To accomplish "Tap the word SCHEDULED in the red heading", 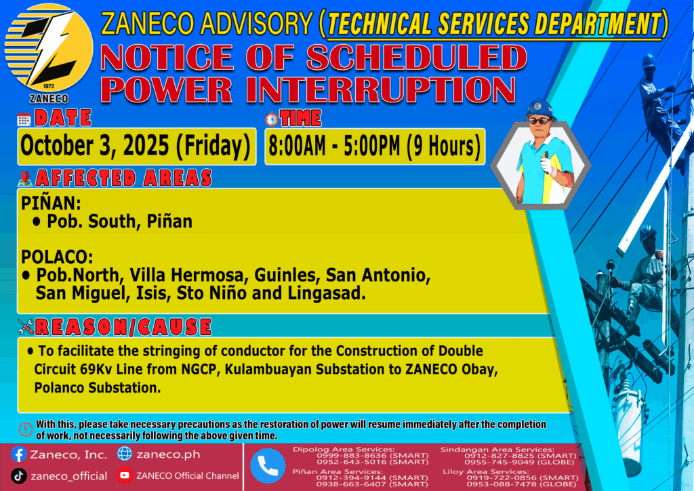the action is pos(417,57).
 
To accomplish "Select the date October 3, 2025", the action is pos(95,146).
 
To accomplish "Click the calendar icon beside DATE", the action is pos(24,119).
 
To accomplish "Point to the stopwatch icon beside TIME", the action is pos(272,119).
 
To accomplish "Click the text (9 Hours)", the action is pos(443,146).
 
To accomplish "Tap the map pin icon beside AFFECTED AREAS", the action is pos(25,178).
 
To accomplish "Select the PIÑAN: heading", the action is pos(51,203).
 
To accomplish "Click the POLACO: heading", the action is pos(57,257).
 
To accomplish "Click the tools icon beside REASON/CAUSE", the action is pos(26,326).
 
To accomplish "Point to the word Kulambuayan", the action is pos(268,369).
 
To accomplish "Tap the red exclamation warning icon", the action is pos(26,429).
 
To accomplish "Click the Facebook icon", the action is pos(18,454).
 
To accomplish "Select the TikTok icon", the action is pos(18,476).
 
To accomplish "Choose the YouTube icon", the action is pos(125,475).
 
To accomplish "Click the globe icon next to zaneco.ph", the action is pos(125,454).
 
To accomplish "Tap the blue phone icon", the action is pos(268,466).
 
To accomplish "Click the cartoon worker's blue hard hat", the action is pos(539,109).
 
